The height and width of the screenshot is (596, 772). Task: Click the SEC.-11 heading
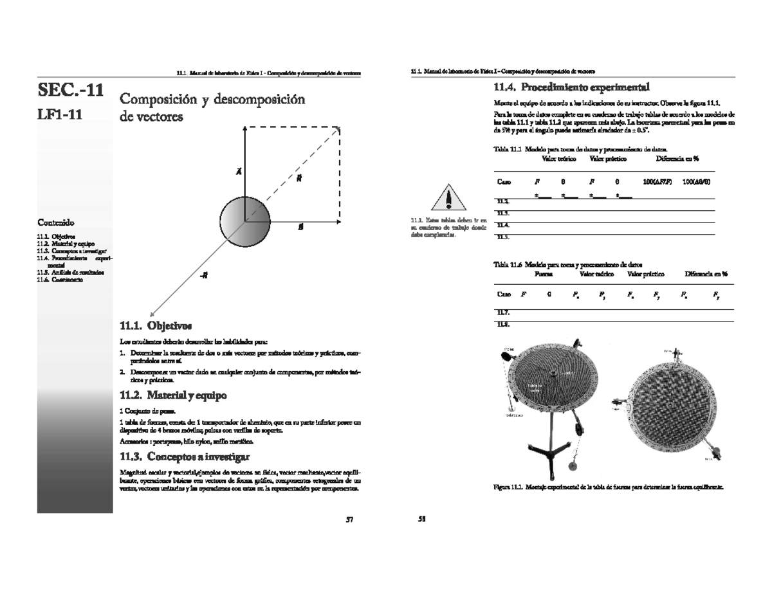tap(70, 90)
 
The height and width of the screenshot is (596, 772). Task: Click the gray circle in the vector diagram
tap(245, 222)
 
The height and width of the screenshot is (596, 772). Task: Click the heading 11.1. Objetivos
tap(156, 325)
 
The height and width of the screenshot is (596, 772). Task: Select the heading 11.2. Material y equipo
tap(174, 394)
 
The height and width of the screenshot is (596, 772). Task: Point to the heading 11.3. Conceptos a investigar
tap(186, 457)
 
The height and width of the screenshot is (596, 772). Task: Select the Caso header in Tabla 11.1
tap(504, 182)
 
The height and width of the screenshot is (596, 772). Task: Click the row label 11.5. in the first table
tap(503, 237)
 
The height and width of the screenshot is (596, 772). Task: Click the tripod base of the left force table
tap(546, 450)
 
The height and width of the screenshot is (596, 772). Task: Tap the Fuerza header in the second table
tap(544, 273)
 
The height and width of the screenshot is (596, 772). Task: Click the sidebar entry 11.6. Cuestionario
tap(59, 279)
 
